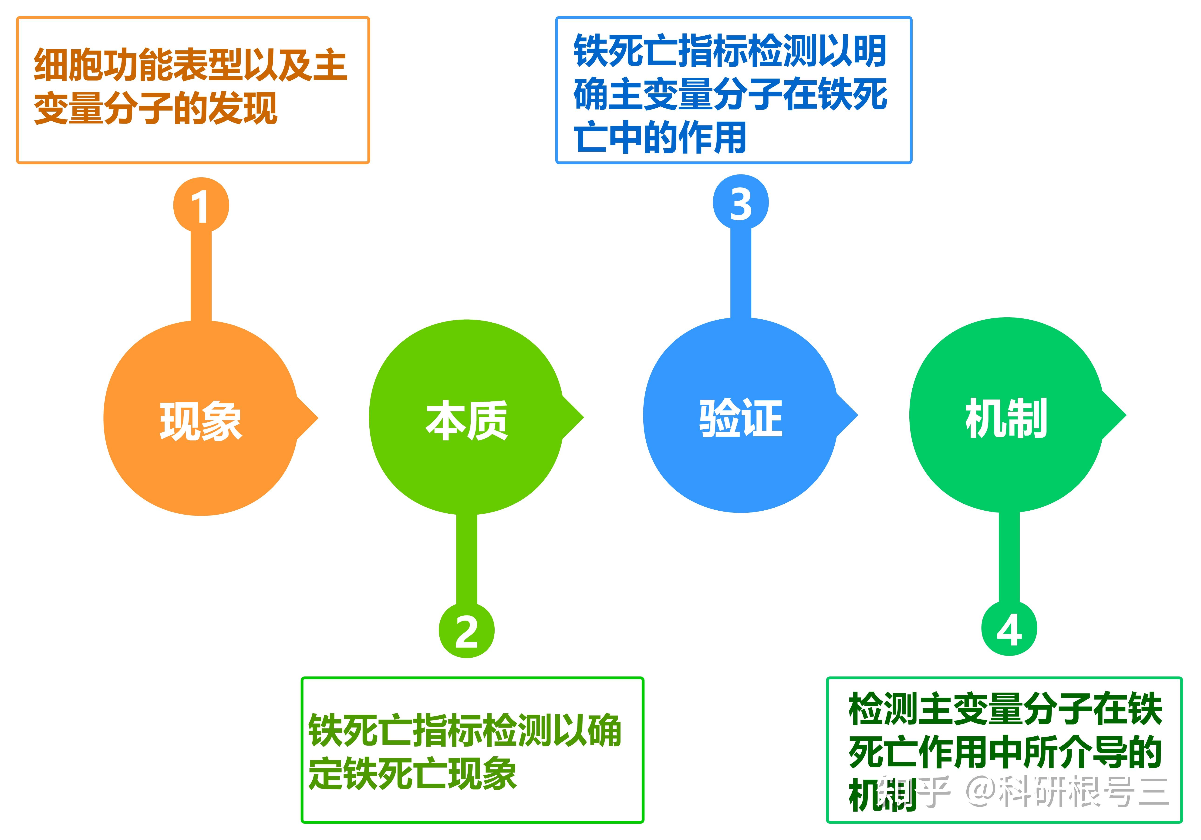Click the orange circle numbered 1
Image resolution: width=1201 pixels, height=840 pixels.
click(x=201, y=205)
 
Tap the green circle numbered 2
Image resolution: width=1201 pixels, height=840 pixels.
click(x=467, y=631)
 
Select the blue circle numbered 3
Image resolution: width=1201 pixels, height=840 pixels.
click(x=741, y=202)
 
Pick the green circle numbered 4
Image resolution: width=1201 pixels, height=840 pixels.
click(x=1009, y=628)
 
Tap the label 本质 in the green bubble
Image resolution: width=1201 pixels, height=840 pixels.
click(x=467, y=420)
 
